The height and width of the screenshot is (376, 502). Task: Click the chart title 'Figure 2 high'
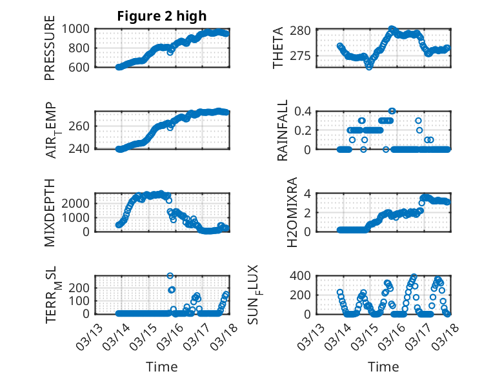161,16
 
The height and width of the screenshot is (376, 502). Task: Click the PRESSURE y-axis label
50,48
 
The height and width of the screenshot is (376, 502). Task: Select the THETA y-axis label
279,48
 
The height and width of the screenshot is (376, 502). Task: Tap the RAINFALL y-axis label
283,131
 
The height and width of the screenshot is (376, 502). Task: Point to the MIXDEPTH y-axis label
50,212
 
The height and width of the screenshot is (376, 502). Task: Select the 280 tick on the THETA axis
305,30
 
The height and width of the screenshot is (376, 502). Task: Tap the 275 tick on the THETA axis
305,56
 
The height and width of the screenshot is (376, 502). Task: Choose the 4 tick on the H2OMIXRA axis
310,193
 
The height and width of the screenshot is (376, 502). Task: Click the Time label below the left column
161,367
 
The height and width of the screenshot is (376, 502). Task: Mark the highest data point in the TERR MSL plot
170,276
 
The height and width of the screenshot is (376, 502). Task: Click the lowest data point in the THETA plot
369,66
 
